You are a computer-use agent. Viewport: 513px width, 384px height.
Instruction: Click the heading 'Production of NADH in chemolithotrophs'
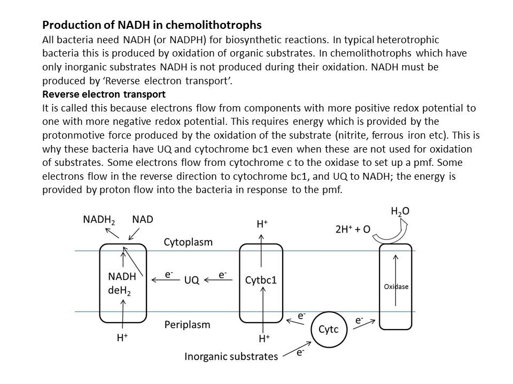[152, 25]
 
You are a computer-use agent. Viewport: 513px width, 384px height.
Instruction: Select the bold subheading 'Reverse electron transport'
[104, 94]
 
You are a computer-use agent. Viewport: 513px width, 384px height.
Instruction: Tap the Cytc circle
[329, 329]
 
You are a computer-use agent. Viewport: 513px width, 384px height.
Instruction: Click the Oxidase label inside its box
[396, 286]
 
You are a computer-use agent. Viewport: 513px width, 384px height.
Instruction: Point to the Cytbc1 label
[261, 279]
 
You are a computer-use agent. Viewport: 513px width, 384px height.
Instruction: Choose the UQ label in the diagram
[192, 279]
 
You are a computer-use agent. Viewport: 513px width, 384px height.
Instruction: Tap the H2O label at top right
[400, 212]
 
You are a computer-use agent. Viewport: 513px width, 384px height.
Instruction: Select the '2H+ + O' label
[353, 229]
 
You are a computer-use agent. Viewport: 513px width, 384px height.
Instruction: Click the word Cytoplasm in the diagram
[188, 242]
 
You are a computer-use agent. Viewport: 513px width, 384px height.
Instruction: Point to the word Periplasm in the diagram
[187, 324]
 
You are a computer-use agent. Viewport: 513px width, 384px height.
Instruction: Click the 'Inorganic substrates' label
[231, 356]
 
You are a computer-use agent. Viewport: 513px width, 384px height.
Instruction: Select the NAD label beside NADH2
[143, 219]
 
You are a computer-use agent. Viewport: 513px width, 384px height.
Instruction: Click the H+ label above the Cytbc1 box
[262, 224]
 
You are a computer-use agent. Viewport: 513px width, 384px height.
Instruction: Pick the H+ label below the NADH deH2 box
[122, 338]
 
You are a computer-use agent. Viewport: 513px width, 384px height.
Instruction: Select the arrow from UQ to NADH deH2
[165, 279]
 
